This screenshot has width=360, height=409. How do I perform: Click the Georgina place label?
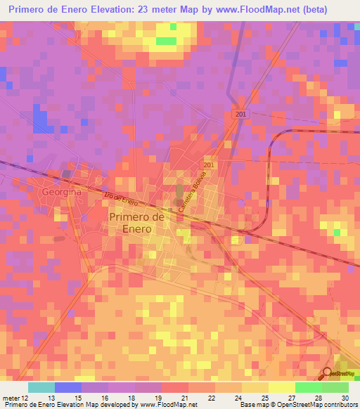point(61,191)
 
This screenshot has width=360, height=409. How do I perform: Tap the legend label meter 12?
point(15,398)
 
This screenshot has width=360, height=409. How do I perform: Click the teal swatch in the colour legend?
point(41,387)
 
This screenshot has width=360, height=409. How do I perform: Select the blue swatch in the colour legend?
point(68,387)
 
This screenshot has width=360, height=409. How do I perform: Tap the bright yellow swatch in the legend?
point(281,387)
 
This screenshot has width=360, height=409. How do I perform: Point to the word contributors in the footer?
point(340,405)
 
